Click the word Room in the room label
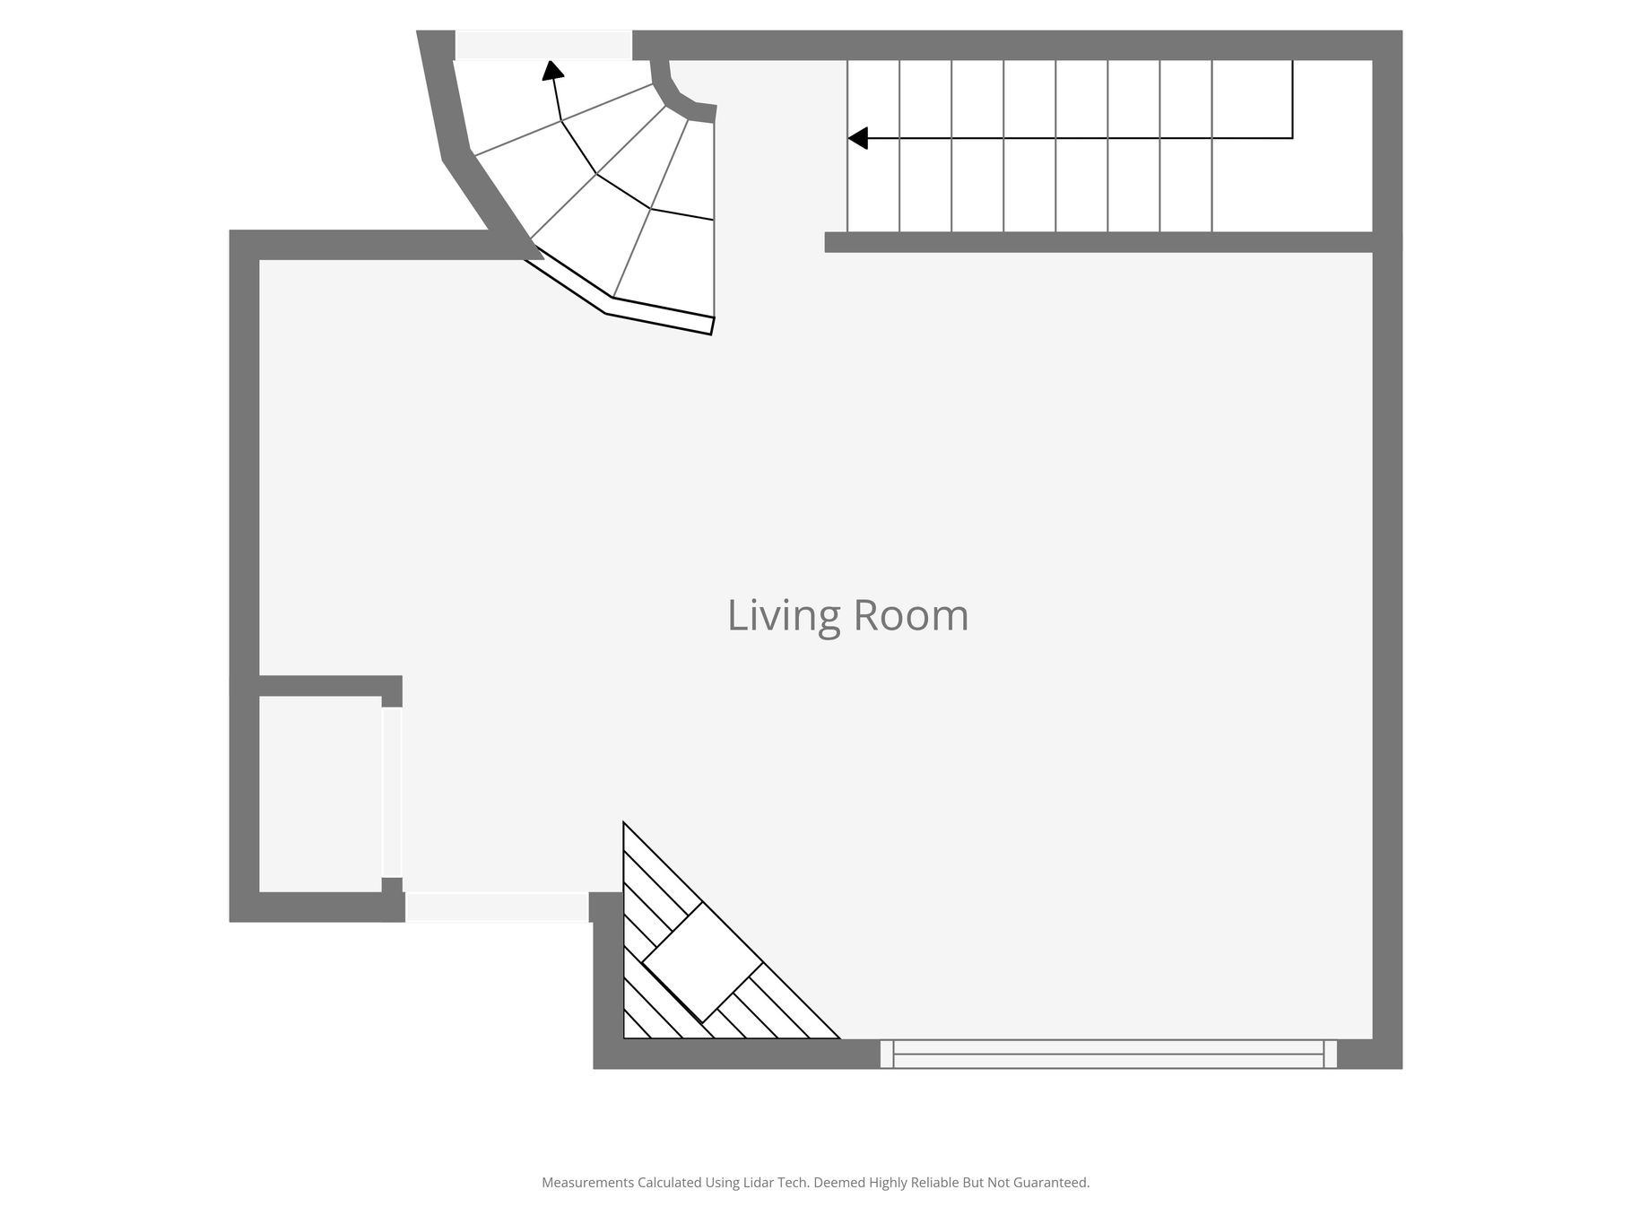pyautogui.click(x=910, y=615)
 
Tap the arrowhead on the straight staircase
pyautogui.click(x=858, y=138)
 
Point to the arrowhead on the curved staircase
pyautogui.click(x=552, y=70)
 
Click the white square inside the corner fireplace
pyautogui.click(x=702, y=962)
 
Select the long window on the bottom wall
pyautogui.click(x=1108, y=1054)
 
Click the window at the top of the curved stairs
pyautogui.click(x=543, y=45)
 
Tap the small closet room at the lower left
pyautogui.click(x=320, y=794)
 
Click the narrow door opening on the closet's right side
pyautogui.click(x=392, y=792)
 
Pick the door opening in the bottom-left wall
pyautogui.click(x=498, y=907)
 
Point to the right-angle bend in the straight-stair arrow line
pyautogui.click(x=1292, y=138)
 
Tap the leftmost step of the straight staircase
pyautogui.click(x=873, y=146)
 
